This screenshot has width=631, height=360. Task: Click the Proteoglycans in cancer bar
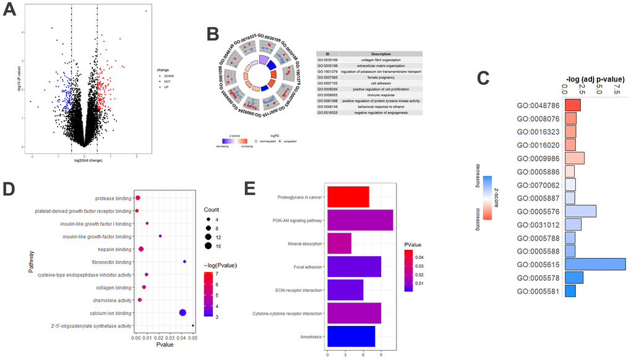click(348, 197)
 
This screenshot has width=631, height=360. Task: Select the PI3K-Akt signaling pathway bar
click(359, 220)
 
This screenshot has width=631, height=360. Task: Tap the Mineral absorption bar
click(339, 243)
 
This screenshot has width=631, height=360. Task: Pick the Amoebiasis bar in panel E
click(351, 336)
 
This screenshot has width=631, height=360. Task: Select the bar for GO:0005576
click(580, 211)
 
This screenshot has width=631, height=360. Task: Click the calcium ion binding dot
click(182, 313)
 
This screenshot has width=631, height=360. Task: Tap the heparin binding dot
click(141, 249)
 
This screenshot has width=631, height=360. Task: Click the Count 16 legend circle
click(209, 246)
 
